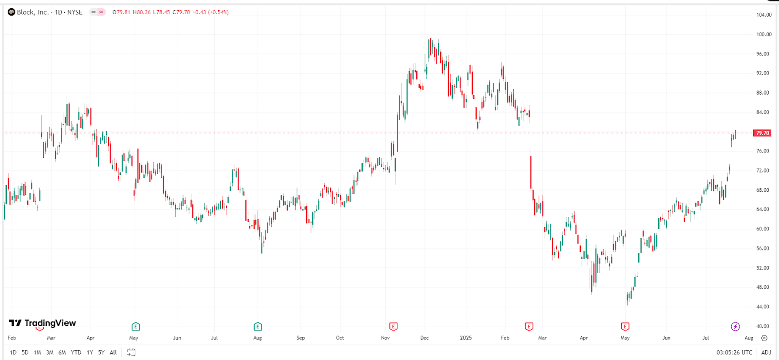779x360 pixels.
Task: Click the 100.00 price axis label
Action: click(763, 34)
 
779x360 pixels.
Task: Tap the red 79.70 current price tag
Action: click(762, 133)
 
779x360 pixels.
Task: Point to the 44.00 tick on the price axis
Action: click(762, 307)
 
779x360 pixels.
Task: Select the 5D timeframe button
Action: click(25, 352)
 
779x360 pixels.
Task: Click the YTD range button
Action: click(76, 352)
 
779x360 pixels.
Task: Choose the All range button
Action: click(113, 352)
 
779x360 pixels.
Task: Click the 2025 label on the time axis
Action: click(466, 338)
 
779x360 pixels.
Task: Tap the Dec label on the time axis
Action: click(425, 338)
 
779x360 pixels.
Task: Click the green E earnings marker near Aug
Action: click(258, 326)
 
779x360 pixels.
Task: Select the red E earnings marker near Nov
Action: click(393, 326)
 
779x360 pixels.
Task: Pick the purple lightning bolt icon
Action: click(735, 326)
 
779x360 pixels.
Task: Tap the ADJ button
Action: click(766, 352)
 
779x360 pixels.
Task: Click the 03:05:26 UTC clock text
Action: click(734, 352)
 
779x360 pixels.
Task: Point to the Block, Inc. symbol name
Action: click(33, 12)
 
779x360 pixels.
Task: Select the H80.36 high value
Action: click(142, 12)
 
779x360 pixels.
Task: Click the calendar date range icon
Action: click(131, 352)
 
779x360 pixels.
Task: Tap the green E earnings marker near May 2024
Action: click(135, 326)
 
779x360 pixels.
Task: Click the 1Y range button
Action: click(90, 352)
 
